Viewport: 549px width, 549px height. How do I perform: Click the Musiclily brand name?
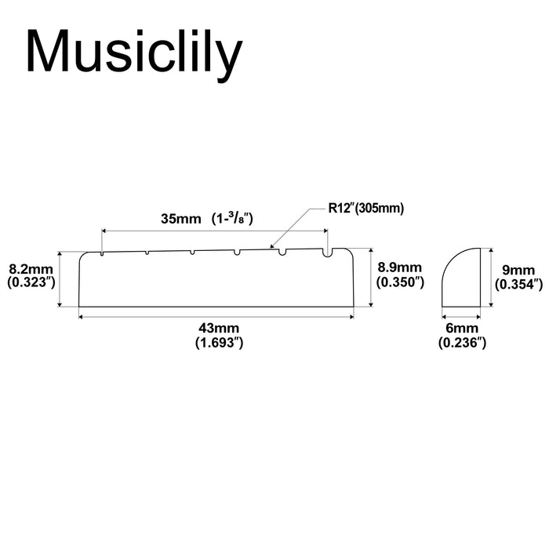coord(134,53)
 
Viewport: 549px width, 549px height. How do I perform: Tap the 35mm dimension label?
coord(181,219)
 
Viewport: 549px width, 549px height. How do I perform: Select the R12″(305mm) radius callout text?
coord(366,209)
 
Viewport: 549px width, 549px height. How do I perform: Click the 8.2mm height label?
coord(31,269)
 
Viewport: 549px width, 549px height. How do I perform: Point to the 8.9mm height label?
coord(399,267)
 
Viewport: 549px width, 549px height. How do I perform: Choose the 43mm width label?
coord(219,328)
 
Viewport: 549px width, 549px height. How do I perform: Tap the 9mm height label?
coord(518,271)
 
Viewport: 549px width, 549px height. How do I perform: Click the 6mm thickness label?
coord(462,328)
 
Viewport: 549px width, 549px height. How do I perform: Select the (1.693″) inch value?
coord(219,343)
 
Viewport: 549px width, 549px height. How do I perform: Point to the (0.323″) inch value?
coord(31,282)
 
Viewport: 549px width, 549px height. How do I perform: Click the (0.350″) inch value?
coord(400,282)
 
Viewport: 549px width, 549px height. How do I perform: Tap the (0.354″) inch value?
coord(518,284)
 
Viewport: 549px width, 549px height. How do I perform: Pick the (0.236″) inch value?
coord(462,343)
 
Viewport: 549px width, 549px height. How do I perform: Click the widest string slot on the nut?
coord(328,253)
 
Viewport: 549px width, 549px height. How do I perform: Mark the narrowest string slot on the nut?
coord(101,253)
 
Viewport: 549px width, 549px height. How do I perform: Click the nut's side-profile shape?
coord(461,278)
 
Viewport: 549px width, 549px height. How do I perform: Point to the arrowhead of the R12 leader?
coord(271,245)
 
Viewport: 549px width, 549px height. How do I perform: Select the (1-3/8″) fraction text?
coord(232,219)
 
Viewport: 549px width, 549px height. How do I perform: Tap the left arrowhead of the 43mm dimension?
coord(82,317)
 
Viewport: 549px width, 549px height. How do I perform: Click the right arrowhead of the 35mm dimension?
coord(325,231)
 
